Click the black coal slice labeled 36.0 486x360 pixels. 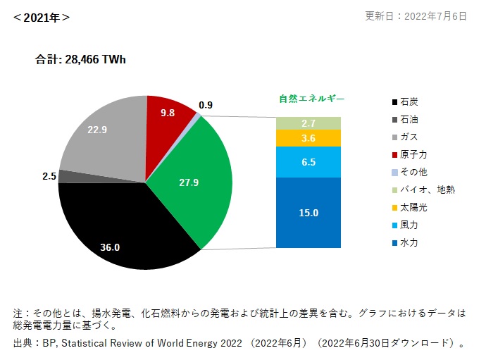[120, 225]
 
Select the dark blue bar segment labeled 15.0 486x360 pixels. [309, 213]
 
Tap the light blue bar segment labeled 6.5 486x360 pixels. [309, 161]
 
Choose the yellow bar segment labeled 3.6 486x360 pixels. [309, 138]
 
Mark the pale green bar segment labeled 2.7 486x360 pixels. [309, 123]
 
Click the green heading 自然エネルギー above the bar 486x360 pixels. [309, 99]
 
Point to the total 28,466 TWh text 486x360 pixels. [81, 61]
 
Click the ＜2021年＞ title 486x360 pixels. [41, 18]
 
